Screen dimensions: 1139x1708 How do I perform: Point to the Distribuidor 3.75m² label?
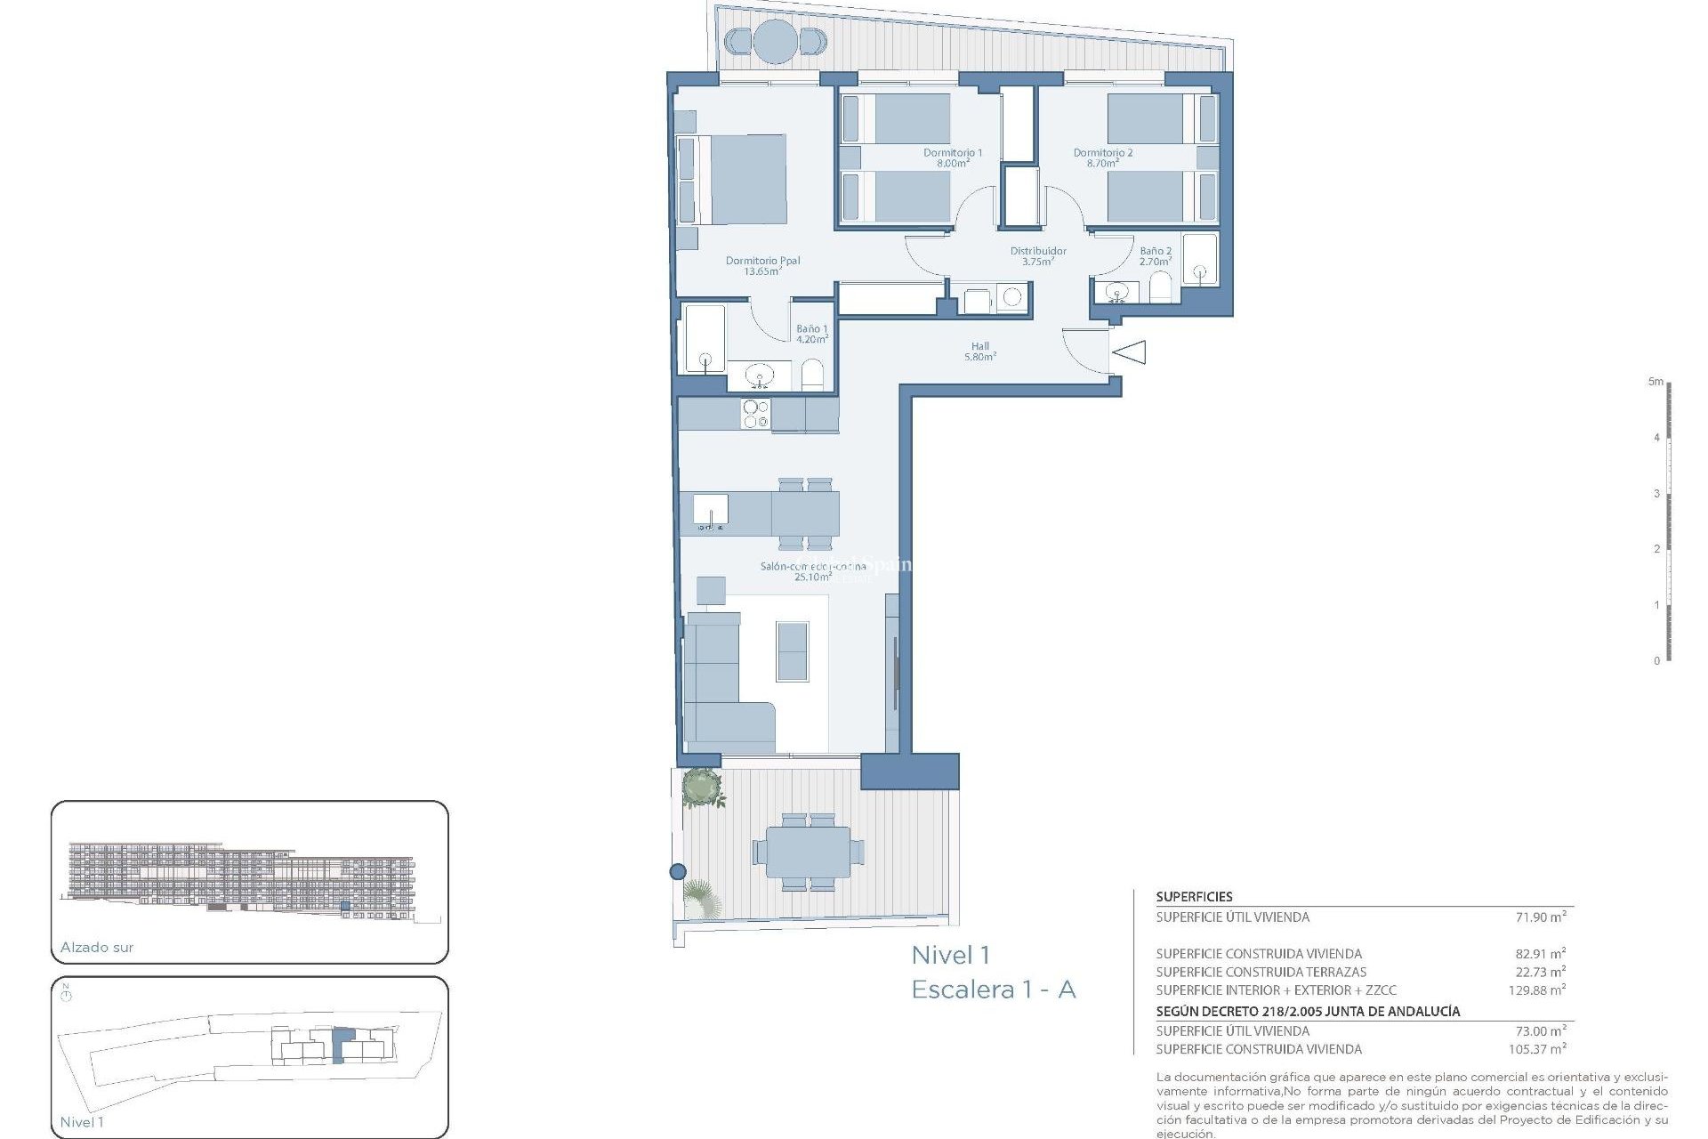coord(1037,256)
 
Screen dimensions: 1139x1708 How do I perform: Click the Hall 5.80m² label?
coord(979,351)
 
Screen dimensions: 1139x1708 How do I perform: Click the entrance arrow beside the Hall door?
coord(1129,352)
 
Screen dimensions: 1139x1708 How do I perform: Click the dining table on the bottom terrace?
coord(808,852)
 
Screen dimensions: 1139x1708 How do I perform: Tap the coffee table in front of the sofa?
coord(792,650)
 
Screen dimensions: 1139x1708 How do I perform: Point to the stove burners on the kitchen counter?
coord(755,414)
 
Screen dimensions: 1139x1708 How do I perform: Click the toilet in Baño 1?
coord(812,376)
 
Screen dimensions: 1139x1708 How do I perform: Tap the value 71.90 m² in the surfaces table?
coord(1540,917)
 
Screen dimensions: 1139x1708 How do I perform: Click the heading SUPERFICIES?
coord(1194,897)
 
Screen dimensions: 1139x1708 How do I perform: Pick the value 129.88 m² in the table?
coord(1536,990)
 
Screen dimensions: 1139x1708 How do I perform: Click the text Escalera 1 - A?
coord(993,990)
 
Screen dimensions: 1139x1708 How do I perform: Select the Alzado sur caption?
coord(97,948)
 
